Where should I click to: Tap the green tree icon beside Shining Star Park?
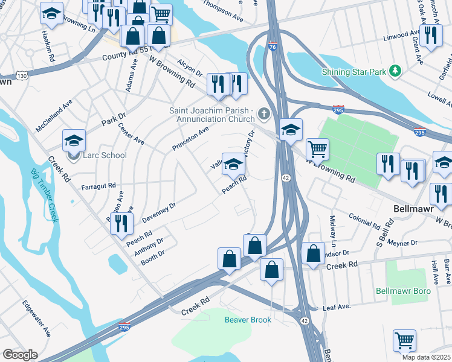pos(395,72)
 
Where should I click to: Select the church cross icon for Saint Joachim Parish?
pos(263,113)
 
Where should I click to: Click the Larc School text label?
pos(106,155)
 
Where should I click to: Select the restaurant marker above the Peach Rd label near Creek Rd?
pos(123,223)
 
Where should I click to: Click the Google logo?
pos(20,355)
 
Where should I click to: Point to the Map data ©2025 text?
pos(426,357)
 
